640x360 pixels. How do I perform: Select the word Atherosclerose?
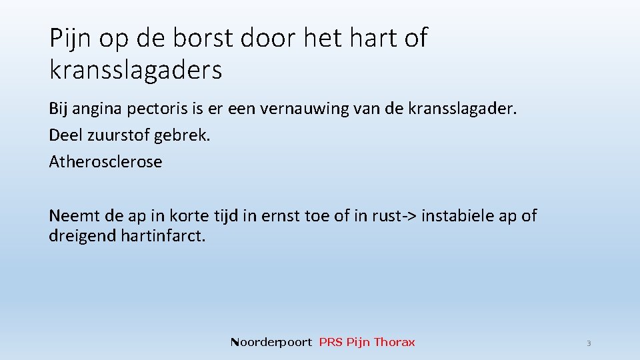click(105, 161)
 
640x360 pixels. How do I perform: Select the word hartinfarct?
click(163, 235)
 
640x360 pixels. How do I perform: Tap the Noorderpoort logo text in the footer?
click(271, 342)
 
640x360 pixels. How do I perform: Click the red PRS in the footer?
click(331, 342)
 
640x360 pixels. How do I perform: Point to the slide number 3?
click(589, 343)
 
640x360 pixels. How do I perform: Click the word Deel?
click(65, 135)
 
